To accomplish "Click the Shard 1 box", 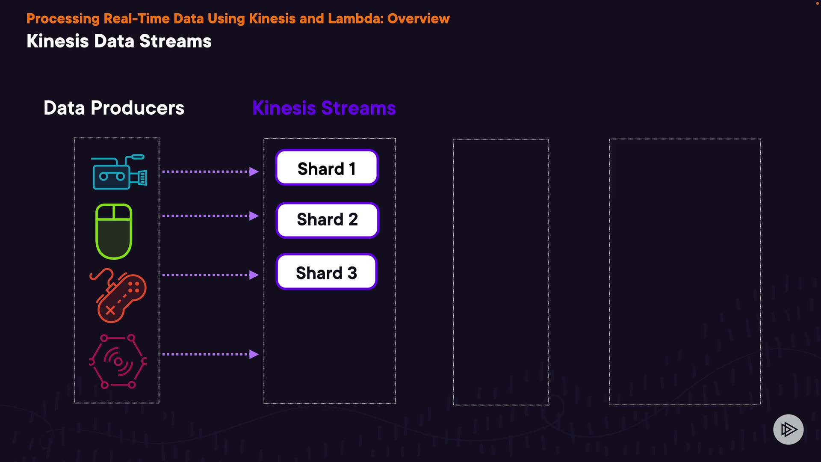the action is (327, 167).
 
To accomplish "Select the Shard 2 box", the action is (328, 220).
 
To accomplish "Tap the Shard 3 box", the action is (327, 272).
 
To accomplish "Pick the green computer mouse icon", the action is (114, 231).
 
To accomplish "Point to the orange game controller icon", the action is (118, 295).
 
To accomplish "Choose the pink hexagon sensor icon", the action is (118, 361).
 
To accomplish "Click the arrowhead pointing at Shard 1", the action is (254, 172).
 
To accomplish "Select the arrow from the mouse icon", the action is (210, 216).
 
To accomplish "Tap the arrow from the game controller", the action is (210, 275).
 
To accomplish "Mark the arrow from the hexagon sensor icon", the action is (210, 354).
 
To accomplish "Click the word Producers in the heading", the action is (138, 108).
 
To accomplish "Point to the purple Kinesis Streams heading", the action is (324, 108).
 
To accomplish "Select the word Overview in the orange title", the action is (419, 19).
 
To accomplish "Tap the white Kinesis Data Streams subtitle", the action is (119, 41).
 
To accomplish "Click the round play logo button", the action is (789, 429).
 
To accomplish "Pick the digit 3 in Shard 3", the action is (352, 273).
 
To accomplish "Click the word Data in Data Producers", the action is (64, 108).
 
